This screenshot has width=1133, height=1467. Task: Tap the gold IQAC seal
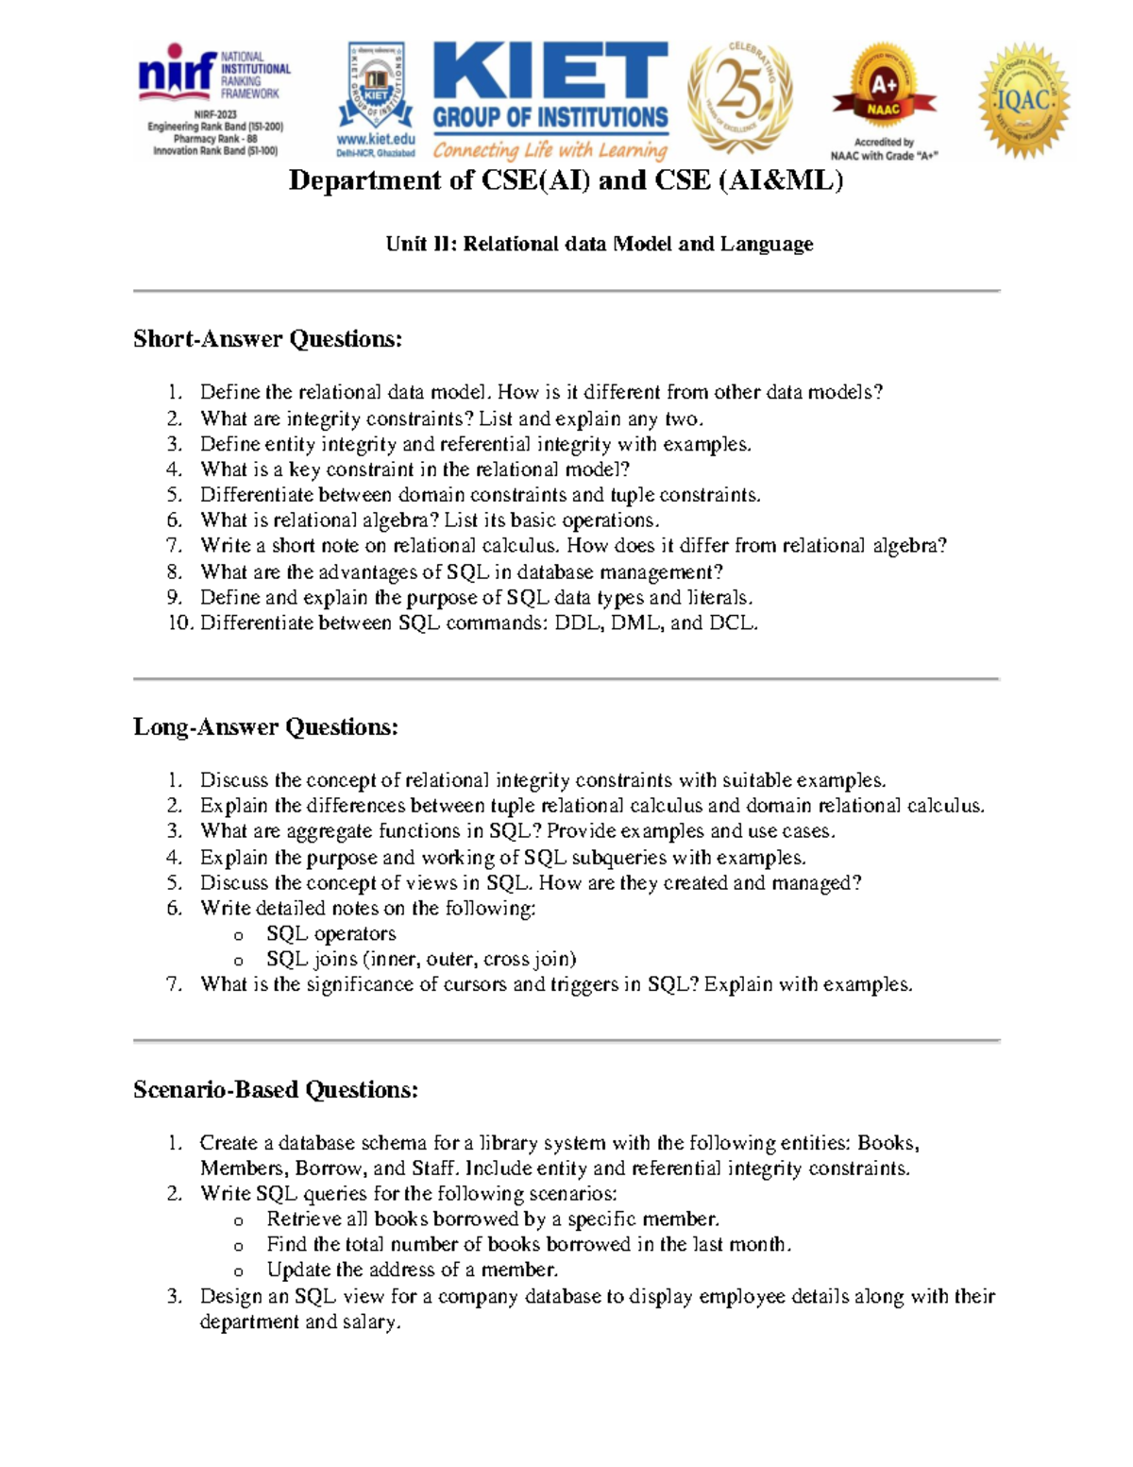click(1023, 101)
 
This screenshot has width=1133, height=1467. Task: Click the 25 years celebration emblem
click(739, 97)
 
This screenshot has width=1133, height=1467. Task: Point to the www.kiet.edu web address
click(376, 139)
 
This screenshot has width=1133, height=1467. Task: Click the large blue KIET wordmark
click(550, 72)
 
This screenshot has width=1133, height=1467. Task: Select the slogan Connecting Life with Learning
click(550, 150)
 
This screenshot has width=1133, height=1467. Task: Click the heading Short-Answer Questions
click(267, 339)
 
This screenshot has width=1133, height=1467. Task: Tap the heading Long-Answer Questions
click(265, 726)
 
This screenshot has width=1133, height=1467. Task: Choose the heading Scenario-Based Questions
click(275, 1089)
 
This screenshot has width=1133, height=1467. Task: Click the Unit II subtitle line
click(599, 244)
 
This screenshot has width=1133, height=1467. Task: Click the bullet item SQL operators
click(330, 933)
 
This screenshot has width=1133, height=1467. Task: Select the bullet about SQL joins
click(420, 959)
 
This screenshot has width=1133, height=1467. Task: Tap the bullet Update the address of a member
click(412, 1270)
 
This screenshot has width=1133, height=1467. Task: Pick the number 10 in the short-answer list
click(179, 623)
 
